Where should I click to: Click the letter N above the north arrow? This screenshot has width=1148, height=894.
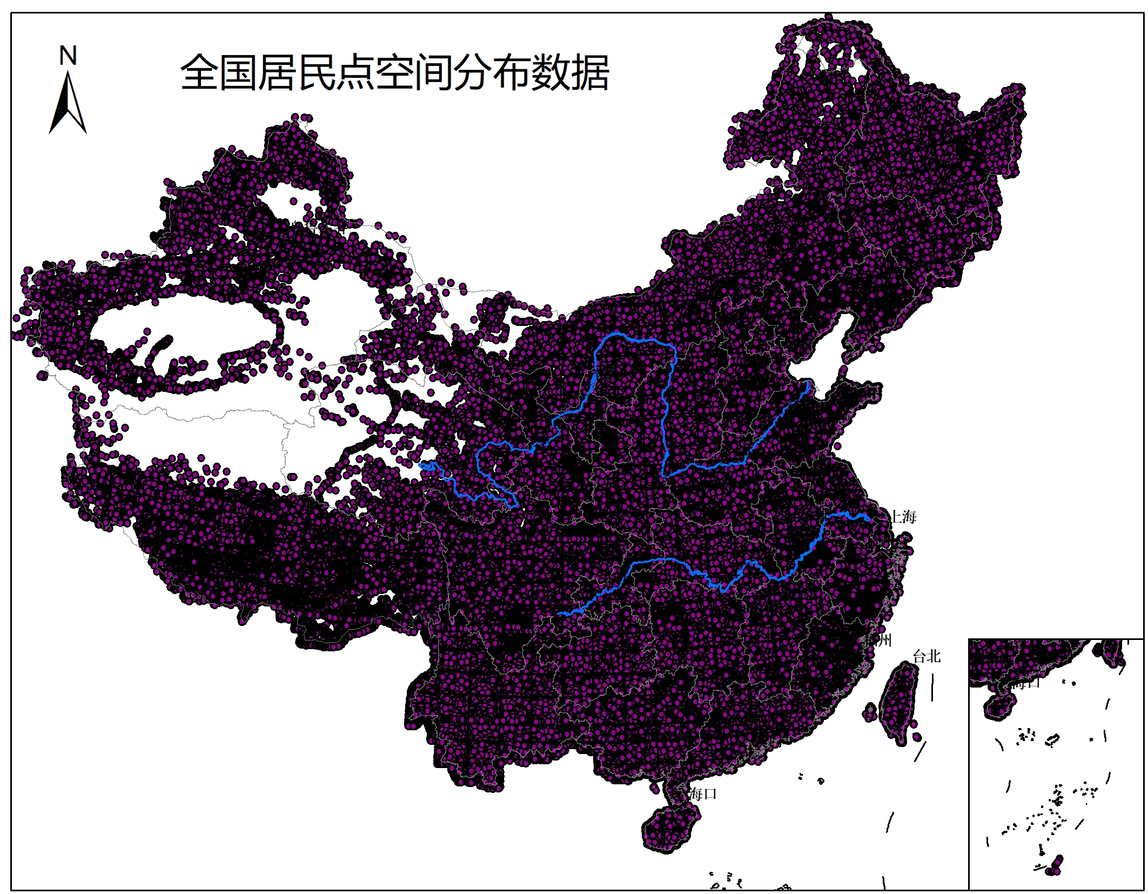click(x=68, y=56)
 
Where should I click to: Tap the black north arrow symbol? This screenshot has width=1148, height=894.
click(x=68, y=105)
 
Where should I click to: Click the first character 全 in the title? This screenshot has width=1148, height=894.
click(x=199, y=72)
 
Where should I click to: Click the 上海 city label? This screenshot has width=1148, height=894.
click(x=903, y=517)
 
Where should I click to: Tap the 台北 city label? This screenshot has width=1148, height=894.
click(x=927, y=657)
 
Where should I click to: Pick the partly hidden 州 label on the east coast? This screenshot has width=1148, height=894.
click(x=884, y=641)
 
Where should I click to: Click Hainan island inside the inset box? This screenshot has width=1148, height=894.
click(x=999, y=706)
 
